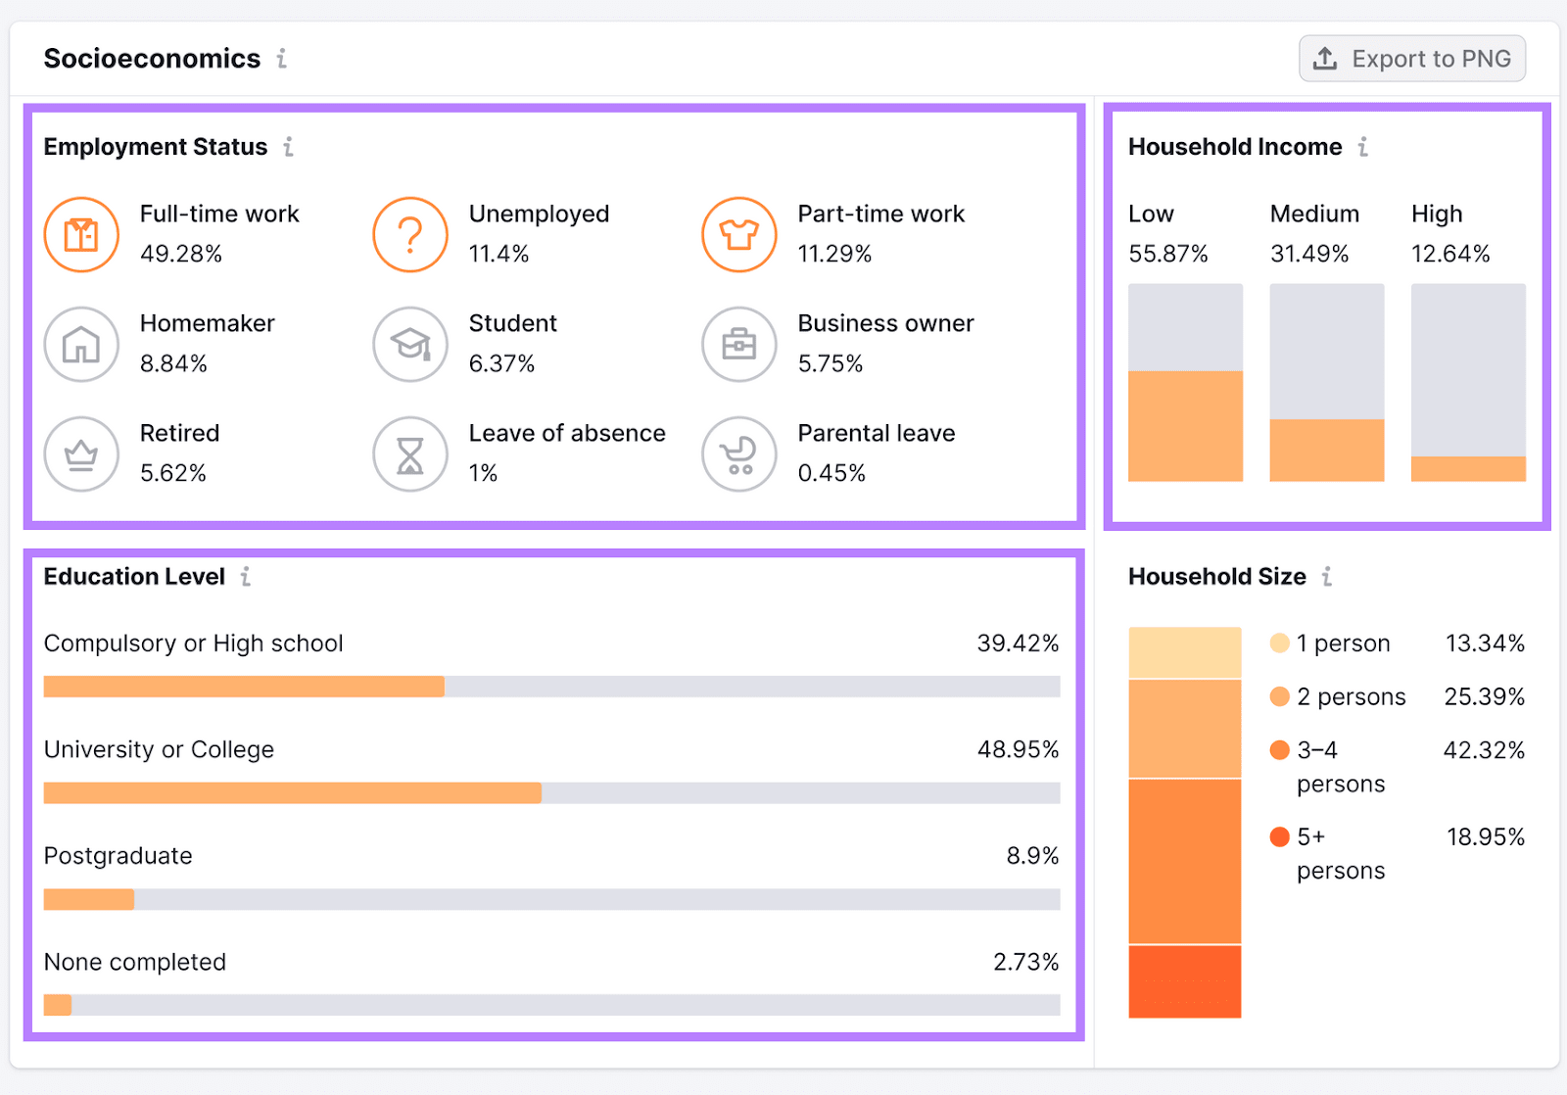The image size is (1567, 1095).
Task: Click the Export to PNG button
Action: pos(1411,59)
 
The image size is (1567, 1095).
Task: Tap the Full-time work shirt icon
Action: pos(81,235)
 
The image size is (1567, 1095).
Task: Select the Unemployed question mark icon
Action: pos(410,235)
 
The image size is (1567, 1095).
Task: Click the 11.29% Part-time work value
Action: pos(834,254)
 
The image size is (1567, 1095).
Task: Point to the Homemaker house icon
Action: pos(81,345)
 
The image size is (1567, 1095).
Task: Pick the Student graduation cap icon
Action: pos(410,345)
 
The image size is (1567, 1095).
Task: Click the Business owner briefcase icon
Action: pos(739,345)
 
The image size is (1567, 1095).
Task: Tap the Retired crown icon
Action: pos(81,454)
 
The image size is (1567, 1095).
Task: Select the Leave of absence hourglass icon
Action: pos(410,454)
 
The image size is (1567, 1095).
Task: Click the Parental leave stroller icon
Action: pos(739,454)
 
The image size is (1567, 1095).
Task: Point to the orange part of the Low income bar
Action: pos(1185,426)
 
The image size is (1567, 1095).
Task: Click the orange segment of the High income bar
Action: pos(1468,469)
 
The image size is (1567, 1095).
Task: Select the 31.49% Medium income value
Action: pos(1309,254)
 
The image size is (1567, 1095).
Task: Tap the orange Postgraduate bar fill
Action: pos(88,899)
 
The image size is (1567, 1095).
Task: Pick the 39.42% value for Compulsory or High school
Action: pos(1018,643)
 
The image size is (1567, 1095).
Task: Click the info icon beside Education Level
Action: pos(246,577)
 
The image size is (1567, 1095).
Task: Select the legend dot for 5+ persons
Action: pos(1279,836)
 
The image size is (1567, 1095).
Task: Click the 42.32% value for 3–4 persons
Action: pos(1484,750)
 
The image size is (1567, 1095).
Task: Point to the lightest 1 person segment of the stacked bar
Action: pos(1185,652)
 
